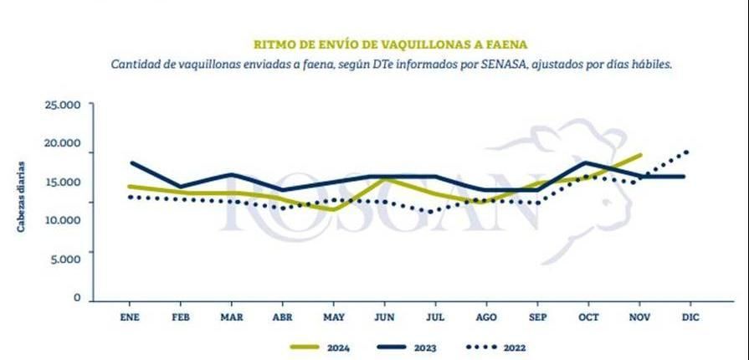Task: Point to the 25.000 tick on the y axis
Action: point(62,105)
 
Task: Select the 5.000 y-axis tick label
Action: point(64,259)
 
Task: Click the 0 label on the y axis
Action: point(76,298)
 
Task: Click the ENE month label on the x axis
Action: point(130,317)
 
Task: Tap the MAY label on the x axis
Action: point(334,317)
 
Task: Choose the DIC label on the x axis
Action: point(690,317)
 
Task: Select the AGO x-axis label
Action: point(486,317)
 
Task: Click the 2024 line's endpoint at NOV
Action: point(640,155)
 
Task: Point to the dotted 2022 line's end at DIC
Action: point(689,151)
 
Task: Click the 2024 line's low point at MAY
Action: point(334,209)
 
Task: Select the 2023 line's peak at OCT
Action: point(588,162)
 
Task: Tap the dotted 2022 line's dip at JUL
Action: point(431,212)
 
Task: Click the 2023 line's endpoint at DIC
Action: point(685,177)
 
